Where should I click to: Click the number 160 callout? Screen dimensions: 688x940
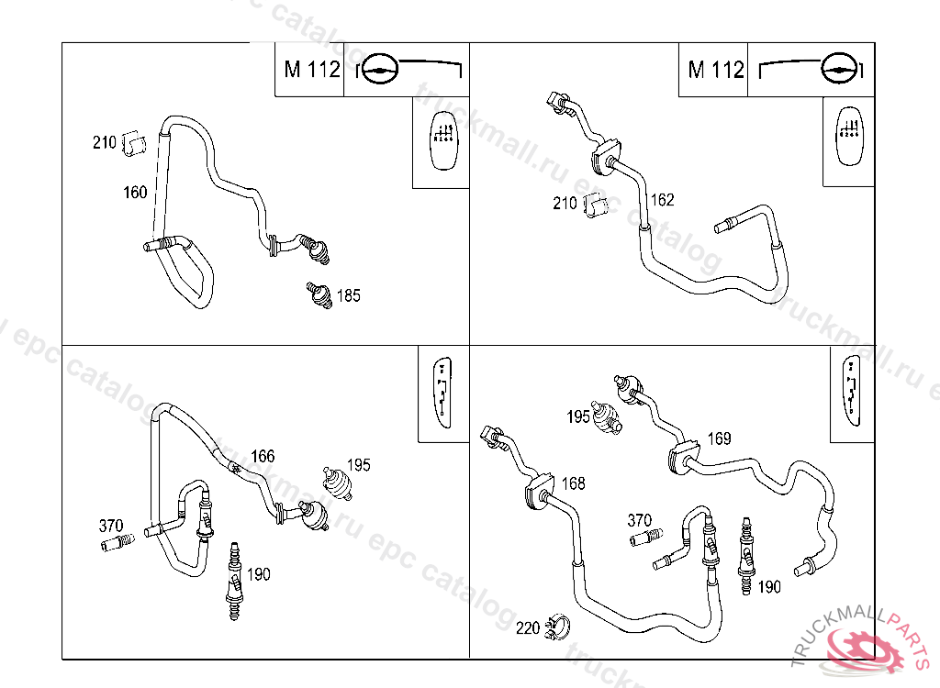pyautogui.click(x=135, y=193)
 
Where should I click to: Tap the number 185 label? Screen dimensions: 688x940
pyautogui.click(x=349, y=295)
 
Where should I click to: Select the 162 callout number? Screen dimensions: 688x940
pyautogui.click(x=662, y=200)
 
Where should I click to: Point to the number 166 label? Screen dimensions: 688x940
pyautogui.click(x=263, y=456)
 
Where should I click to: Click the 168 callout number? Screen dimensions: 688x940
pyautogui.click(x=573, y=483)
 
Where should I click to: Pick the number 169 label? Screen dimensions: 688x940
pyautogui.click(x=719, y=439)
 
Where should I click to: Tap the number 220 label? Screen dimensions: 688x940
pyautogui.click(x=527, y=628)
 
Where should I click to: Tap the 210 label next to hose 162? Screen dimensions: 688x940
pyautogui.click(x=565, y=204)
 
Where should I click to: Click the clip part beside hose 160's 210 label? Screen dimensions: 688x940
pyautogui.click(x=134, y=144)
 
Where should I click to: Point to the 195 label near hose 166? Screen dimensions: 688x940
pyautogui.click(x=358, y=465)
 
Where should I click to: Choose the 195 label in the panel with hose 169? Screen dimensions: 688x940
pyautogui.click(x=578, y=417)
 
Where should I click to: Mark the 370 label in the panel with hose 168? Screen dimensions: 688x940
pyautogui.click(x=640, y=520)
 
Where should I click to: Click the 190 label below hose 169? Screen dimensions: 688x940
pyautogui.click(x=769, y=587)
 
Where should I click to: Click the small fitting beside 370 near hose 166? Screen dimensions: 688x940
pyautogui.click(x=116, y=543)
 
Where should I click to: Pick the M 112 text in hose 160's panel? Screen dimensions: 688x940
pyautogui.click(x=311, y=70)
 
